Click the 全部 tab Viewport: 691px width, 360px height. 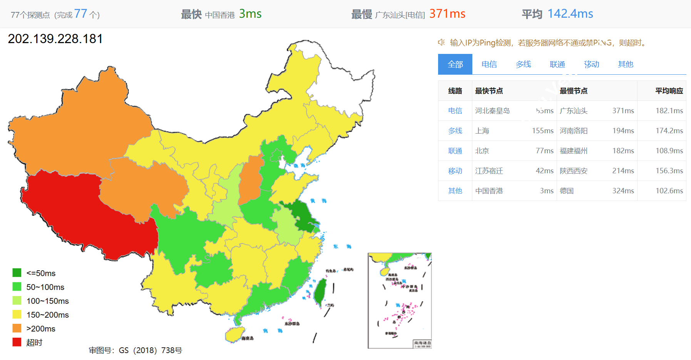point(455,64)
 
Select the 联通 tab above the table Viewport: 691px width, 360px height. point(557,64)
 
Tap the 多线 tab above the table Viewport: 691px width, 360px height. point(523,64)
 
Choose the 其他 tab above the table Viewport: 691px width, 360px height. point(625,64)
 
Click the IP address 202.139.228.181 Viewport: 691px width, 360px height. point(55,39)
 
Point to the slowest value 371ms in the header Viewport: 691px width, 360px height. point(447,14)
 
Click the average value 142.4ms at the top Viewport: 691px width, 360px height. point(570,14)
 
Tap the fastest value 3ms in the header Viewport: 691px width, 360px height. point(250,14)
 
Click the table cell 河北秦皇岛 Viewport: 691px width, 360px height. point(492,111)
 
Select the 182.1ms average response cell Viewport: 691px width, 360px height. point(669,111)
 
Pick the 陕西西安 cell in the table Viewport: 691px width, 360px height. point(574,171)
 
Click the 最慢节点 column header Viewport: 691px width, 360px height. point(574,91)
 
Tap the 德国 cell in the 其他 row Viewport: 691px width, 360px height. point(567,191)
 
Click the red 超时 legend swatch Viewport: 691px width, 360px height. point(17,342)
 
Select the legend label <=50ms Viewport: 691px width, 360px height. point(41,273)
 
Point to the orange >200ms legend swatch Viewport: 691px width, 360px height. point(17,328)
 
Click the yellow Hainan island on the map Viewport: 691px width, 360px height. point(235,334)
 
